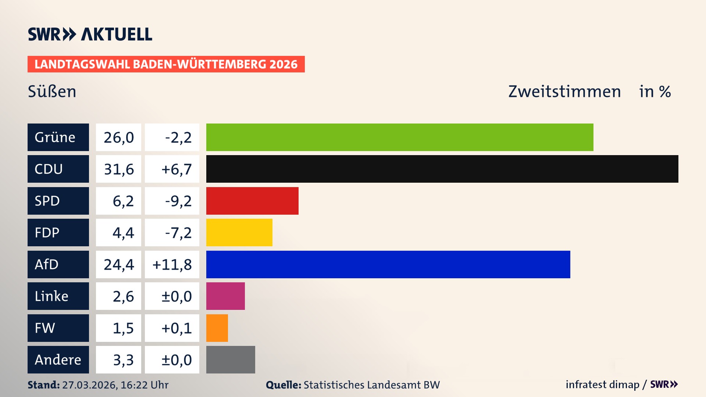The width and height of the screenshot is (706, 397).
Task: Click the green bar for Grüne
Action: pos(400,137)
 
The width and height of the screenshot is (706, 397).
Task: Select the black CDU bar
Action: pos(442,169)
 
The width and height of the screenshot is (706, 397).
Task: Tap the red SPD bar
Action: pos(252,201)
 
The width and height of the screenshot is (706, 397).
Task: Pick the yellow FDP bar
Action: pos(239,232)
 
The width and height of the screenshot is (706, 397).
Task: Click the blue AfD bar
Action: pos(388,264)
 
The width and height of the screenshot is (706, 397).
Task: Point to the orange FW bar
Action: pos(217,328)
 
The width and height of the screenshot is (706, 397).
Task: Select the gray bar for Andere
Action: pos(231,360)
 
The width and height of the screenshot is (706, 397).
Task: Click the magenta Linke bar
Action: pos(225,296)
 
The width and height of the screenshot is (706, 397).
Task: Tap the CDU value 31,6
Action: pos(119,169)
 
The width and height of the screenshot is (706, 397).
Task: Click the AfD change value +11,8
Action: pos(172,264)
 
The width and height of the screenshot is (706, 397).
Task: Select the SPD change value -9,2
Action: pos(178,201)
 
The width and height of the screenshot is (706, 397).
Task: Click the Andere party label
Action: pos(58,360)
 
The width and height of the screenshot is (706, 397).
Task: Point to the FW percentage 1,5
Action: pos(123,328)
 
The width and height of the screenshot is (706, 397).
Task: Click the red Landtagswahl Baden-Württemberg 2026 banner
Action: pos(166,64)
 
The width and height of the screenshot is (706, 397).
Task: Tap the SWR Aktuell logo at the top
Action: pos(90,34)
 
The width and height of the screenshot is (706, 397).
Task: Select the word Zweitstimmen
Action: pos(564,92)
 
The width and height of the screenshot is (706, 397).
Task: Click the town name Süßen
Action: pos(52,92)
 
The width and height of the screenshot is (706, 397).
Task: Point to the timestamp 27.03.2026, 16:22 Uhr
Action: pos(115,385)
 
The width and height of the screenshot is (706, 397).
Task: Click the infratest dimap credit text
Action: pos(602,385)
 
